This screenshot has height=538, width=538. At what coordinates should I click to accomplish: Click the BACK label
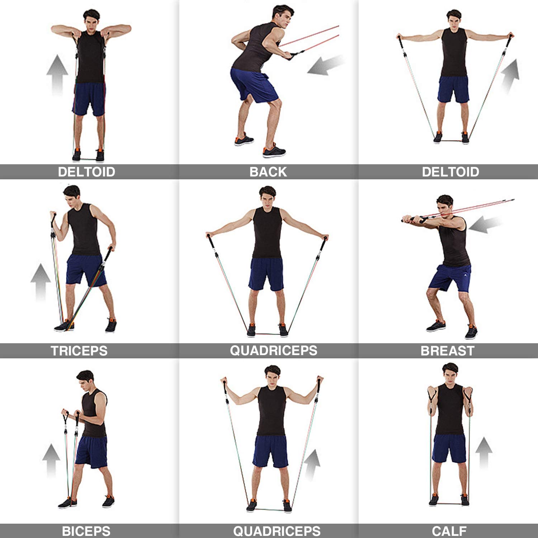(268, 172)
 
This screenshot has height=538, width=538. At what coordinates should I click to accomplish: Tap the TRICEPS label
(79, 351)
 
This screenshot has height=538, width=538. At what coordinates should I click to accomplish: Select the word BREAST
(448, 351)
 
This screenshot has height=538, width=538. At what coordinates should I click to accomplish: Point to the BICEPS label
(86, 531)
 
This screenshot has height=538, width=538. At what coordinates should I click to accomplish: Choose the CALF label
(449, 531)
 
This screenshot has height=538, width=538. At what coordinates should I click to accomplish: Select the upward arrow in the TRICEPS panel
(41, 282)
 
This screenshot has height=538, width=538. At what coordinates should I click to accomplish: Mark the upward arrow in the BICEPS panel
(51, 461)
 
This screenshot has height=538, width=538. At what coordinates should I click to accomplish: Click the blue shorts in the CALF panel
(449, 448)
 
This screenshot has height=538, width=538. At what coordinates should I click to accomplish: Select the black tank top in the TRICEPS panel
(84, 230)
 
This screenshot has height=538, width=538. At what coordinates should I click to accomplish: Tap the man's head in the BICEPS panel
(86, 381)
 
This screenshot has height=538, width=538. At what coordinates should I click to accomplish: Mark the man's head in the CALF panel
(450, 374)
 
